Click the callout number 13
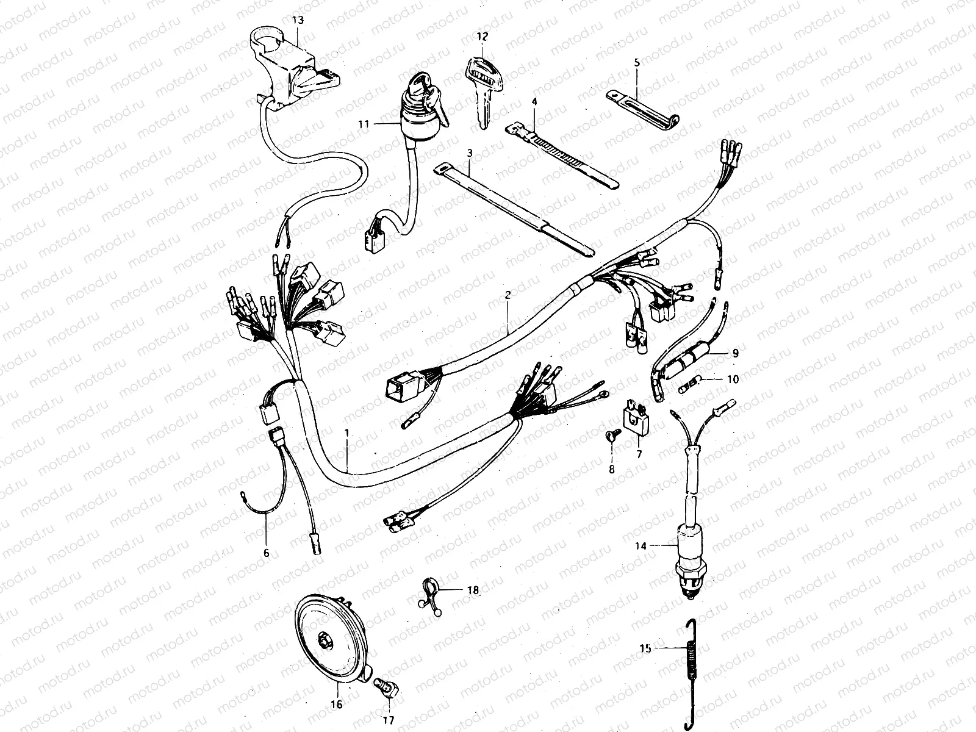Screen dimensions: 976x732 click(x=298, y=20)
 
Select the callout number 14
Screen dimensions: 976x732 click(x=640, y=546)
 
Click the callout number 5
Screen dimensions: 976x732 click(x=637, y=63)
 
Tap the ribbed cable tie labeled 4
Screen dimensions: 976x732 click(x=562, y=156)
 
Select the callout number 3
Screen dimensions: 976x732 click(x=470, y=153)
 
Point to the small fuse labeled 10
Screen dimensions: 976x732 click(x=690, y=385)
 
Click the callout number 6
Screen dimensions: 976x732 click(x=267, y=553)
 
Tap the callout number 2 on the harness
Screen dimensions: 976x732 click(x=508, y=295)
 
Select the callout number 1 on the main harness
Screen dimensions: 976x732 click(x=347, y=432)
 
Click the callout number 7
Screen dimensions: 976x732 click(x=639, y=454)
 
